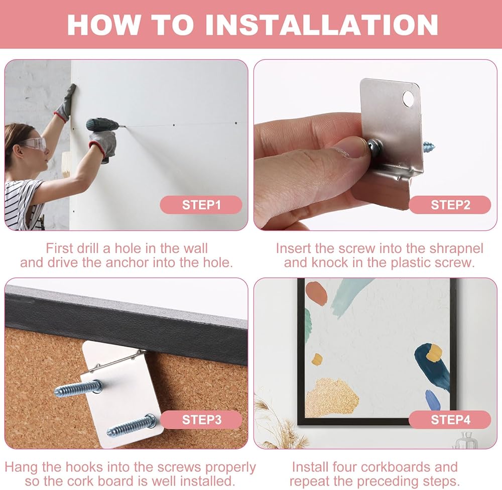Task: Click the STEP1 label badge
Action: click(201, 205)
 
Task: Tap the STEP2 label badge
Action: click(450, 205)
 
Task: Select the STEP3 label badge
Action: click(201, 420)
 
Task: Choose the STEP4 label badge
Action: click(450, 420)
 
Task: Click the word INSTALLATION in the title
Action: click(321, 25)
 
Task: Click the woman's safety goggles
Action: click(34, 144)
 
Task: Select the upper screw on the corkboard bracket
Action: click(78, 388)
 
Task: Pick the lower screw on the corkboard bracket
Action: click(131, 425)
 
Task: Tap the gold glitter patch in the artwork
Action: click(332, 397)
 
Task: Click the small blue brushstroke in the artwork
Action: click(433, 399)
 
